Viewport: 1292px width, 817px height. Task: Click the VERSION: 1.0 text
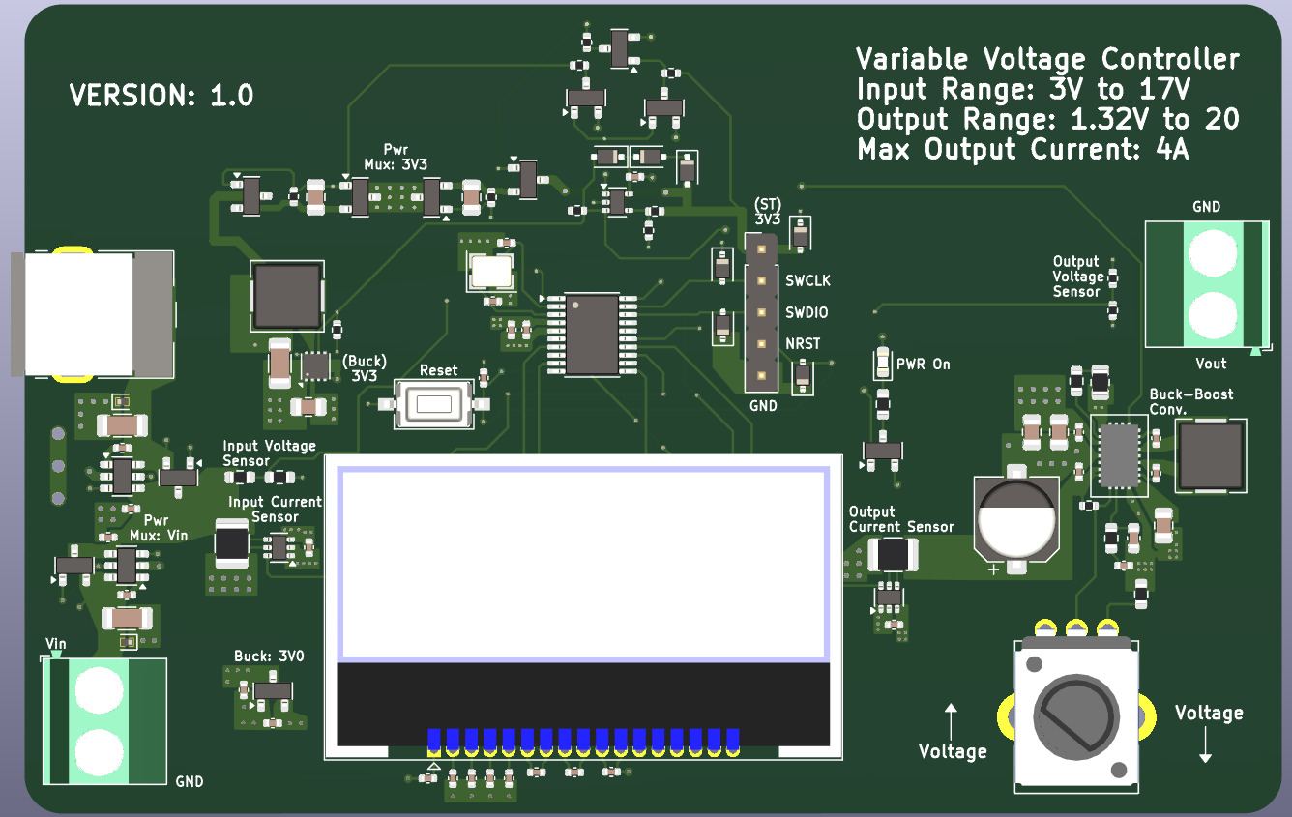(161, 96)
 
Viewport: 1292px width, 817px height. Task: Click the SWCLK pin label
(807, 280)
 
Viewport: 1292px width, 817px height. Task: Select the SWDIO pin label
(807, 313)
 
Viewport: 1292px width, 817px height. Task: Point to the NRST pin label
(803, 343)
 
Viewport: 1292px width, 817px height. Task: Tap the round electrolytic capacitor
(1014, 518)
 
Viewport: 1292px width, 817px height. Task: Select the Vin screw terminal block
(103, 720)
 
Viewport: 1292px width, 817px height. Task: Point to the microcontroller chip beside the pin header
(592, 335)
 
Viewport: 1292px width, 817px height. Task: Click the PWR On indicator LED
(882, 364)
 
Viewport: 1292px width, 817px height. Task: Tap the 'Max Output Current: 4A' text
(1022, 150)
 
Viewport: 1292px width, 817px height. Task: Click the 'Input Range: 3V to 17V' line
(1022, 90)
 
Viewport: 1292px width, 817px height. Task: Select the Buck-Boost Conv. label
(1191, 401)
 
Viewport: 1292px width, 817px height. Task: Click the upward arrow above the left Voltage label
(951, 720)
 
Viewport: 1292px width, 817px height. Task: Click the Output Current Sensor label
(900, 519)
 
